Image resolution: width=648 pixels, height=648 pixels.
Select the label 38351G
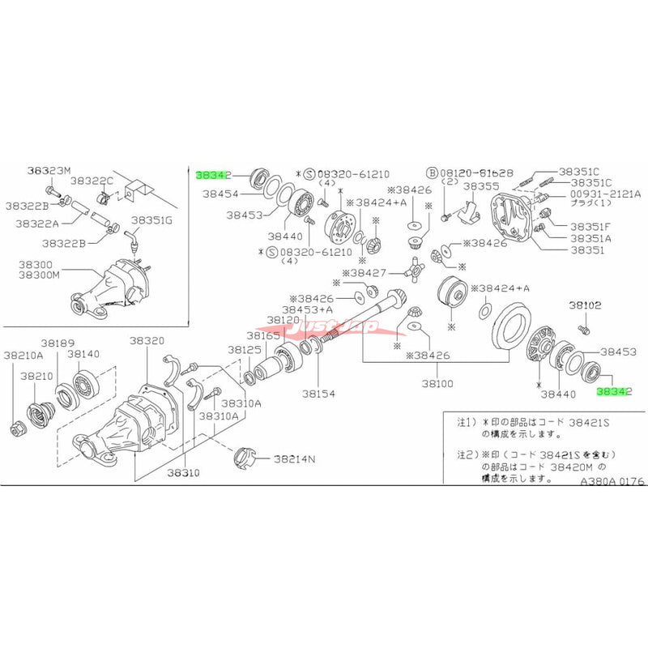151,220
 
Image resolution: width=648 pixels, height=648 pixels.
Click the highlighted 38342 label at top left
214,174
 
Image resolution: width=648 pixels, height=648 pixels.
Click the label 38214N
293,458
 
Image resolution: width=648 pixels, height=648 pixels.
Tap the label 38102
584,305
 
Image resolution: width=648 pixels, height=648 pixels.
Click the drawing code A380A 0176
612,480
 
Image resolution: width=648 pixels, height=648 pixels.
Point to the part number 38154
318,393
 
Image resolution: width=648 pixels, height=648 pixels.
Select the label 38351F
590,227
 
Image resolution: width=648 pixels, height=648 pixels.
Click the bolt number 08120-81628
475,173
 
